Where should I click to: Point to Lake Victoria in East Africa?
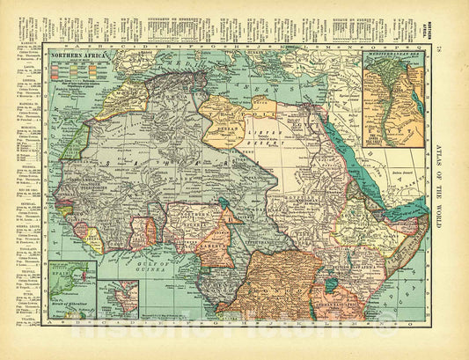pyautogui.click(x=333, y=286)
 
